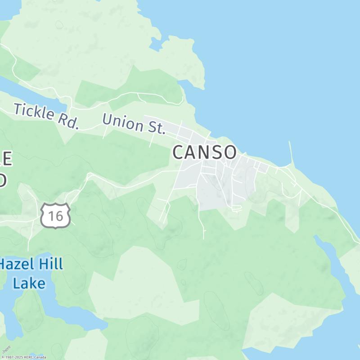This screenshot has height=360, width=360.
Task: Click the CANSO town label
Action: tap(204, 153)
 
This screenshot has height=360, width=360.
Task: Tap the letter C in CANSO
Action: tap(179, 153)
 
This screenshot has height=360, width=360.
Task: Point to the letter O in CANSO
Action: tap(229, 153)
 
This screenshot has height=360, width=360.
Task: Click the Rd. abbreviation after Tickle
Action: tap(68, 121)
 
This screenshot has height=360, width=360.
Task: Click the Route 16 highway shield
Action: tap(56, 216)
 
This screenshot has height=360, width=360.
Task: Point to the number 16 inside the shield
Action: tap(56, 216)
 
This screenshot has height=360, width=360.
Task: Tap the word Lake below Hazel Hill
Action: tap(29, 283)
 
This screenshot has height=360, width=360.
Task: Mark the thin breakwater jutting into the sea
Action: tap(291, 153)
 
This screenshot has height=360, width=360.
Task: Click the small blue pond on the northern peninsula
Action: tap(157, 43)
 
